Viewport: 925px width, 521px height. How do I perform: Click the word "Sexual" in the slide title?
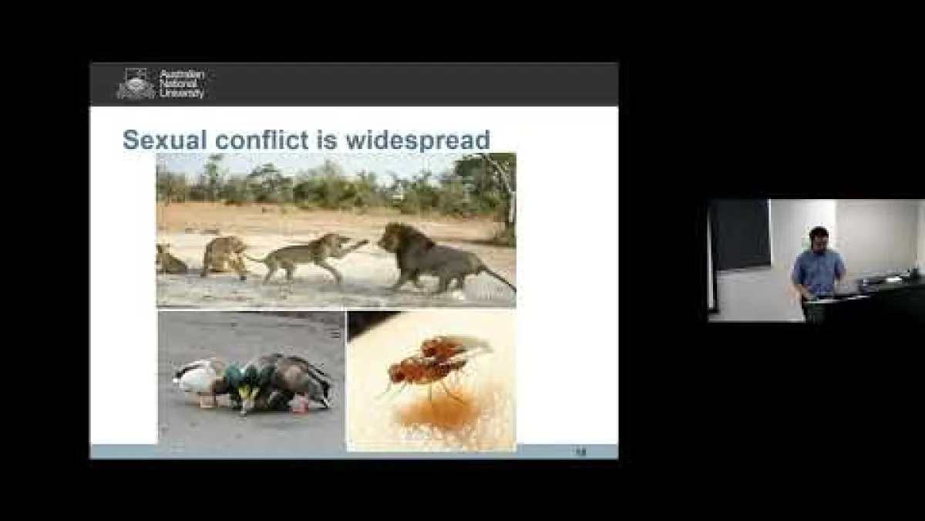coord(163,140)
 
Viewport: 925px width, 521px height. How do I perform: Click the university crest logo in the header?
coord(136,84)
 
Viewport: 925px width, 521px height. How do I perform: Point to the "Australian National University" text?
coord(182,83)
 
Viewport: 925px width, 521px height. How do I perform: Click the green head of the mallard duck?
coord(249,379)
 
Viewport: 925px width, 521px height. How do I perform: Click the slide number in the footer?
coord(580,452)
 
